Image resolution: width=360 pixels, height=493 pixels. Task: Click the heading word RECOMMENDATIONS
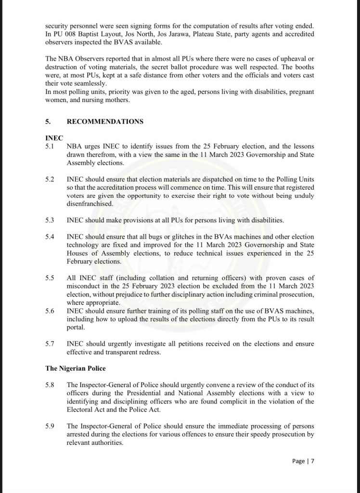point(104,121)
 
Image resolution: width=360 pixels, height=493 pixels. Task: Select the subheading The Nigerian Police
point(77,368)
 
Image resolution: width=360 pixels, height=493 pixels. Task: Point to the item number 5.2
point(50,179)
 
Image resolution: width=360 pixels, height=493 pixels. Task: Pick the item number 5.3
point(50,220)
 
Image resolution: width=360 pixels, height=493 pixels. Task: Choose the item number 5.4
point(50,236)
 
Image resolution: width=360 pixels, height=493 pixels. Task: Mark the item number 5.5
point(50,278)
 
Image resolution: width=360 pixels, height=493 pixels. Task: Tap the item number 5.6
point(50,311)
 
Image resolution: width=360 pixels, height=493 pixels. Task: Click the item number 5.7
point(50,343)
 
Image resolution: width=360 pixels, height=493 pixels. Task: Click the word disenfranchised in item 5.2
point(90,204)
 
